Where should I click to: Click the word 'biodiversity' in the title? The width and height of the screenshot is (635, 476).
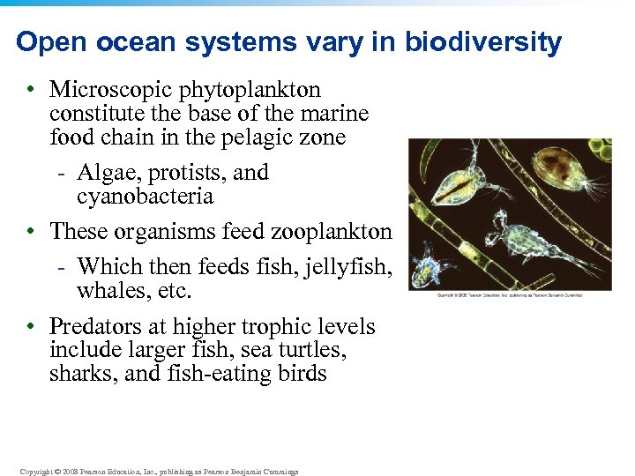tap(482, 42)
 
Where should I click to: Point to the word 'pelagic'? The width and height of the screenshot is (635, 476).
tap(288, 138)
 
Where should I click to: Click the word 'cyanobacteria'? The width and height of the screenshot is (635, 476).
tap(146, 196)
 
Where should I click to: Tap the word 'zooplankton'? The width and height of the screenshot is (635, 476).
tap(338, 231)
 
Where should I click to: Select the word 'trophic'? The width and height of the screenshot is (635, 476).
tap(278, 326)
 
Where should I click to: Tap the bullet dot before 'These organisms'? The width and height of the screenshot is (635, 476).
tap(31, 232)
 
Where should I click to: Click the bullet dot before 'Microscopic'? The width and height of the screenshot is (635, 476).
tap(31, 91)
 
